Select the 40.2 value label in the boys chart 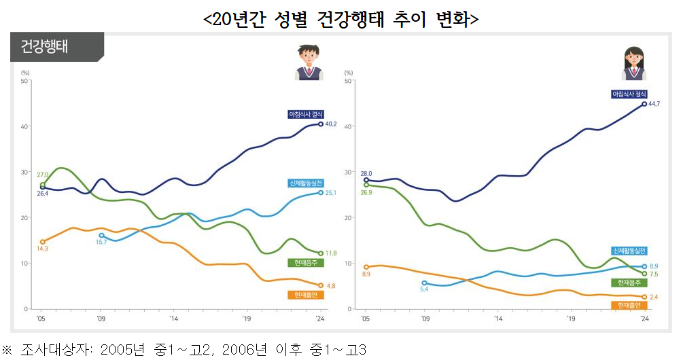point(331,124)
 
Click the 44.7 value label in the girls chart point(654,104)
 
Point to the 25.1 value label point(331,193)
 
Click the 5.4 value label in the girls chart point(424,290)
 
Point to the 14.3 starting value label point(42,249)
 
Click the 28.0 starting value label point(366,173)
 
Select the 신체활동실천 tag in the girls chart point(629,250)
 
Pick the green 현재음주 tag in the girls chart point(628,282)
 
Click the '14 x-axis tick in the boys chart point(173,317)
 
